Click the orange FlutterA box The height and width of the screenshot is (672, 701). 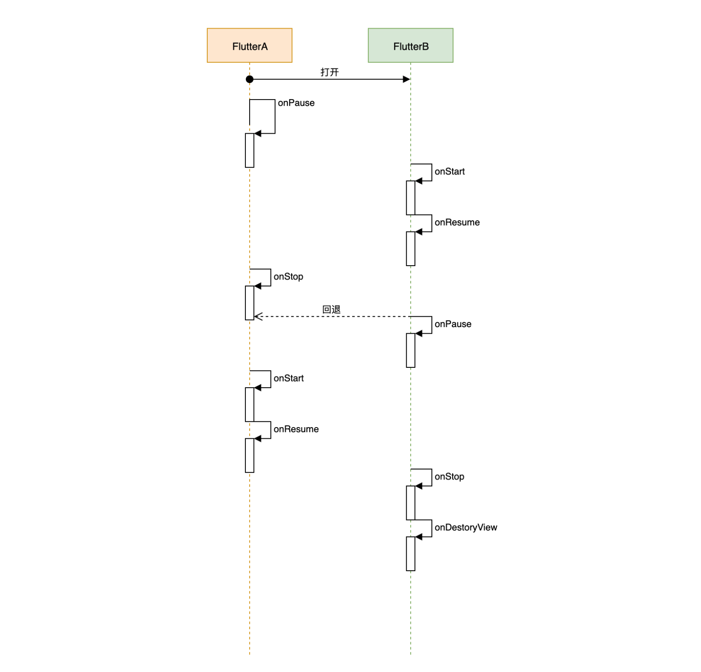tap(250, 45)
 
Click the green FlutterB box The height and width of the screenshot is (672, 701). tap(410, 45)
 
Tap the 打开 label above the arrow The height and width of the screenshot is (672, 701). tap(329, 72)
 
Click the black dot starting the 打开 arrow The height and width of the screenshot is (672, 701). tap(250, 79)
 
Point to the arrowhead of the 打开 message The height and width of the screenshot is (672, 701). tap(406, 79)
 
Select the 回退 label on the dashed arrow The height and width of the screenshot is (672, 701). tap(331, 309)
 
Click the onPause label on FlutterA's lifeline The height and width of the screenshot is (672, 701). tap(296, 103)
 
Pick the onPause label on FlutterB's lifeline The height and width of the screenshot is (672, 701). tap(453, 324)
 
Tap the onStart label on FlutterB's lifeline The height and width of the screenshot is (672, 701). tap(450, 171)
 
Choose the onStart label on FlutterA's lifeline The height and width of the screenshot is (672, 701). tap(289, 378)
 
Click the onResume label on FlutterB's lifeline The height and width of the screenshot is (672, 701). tap(457, 222)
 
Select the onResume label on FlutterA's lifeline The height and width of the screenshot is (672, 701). tap(296, 429)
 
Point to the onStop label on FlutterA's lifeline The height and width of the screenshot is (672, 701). tap(288, 277)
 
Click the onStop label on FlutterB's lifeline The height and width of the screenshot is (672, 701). tap(449, 476)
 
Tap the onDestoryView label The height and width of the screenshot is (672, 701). tap(466, 527)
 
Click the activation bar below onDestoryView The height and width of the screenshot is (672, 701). tap(410, 553)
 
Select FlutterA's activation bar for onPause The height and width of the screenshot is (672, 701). tap(250, 150)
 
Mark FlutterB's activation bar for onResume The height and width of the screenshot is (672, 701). tap(410, 248)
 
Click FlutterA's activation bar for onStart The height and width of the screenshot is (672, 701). tap(250, 404)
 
